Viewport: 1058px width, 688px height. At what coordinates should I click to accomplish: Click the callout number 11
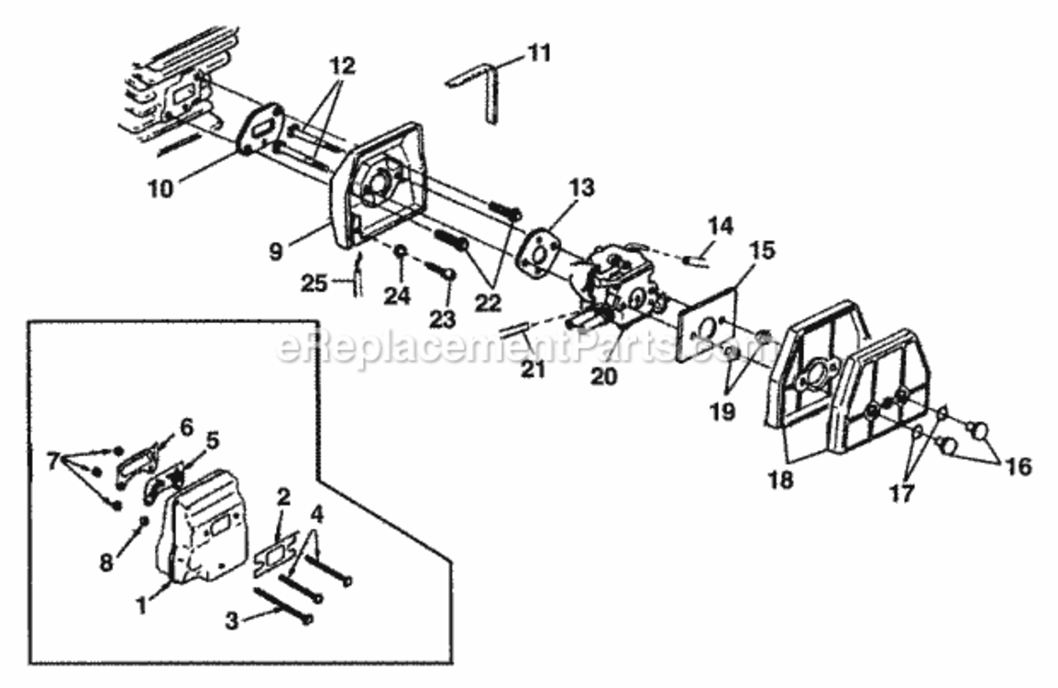coord(538,52)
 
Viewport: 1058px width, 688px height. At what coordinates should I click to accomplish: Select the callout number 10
coord(160,189)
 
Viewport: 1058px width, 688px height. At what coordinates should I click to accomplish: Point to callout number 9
coord(275,251)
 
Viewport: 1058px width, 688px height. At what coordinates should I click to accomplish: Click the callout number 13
coord(581,187)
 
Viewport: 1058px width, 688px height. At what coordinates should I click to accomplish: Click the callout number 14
coord(720,226)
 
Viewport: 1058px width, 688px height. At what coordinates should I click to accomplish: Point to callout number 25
coord(314,283)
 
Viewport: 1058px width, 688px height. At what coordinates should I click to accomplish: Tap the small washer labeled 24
coord(400,252)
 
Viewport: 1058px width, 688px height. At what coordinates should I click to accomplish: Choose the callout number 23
coord(443,318)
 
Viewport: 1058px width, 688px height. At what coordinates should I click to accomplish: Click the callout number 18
coord(780,480)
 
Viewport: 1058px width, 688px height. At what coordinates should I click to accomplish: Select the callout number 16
coord(1018,467)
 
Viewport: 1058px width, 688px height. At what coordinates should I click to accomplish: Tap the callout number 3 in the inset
coord(231,621)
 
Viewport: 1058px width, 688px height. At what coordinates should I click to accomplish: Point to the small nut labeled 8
coord(143,522)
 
